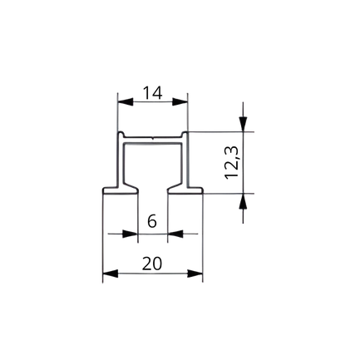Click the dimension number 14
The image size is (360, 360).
tap(152, 93)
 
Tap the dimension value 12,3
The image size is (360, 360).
tap(232, 162)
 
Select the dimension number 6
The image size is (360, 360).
tap(152, 221)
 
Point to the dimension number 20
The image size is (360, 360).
tap(152, 264)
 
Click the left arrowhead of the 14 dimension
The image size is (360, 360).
tap(125, 101)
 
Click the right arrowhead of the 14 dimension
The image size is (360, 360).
tap(180, 101)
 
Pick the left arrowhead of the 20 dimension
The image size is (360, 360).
tap(110, 274)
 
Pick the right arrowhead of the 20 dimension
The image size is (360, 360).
tap(195, 274)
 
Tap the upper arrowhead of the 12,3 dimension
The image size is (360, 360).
tap(243, 124)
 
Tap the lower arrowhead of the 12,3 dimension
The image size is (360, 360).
tap(243, 200)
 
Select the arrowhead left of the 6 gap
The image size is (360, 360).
tap(131, 234)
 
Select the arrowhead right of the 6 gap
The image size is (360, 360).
tap(175, 234)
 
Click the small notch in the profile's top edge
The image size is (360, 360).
tap(153, 138)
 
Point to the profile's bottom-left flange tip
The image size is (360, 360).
tap(103, 190)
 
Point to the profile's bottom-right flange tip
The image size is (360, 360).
tap(203, 190)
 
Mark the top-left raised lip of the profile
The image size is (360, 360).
tap(121, 135)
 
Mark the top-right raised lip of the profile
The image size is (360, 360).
tap(185, 135)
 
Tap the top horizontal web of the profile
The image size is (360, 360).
tap(153, 141)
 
